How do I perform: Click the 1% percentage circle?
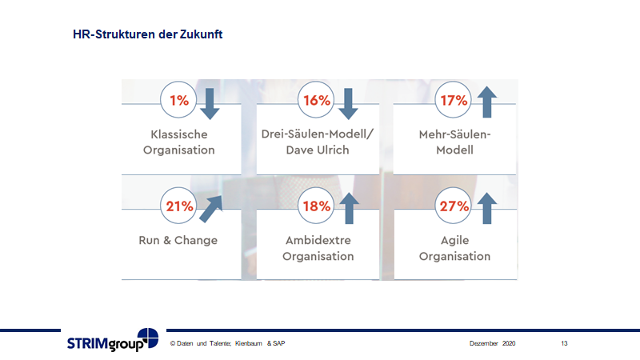tap(179, 101)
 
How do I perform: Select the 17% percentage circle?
tap(454, 101)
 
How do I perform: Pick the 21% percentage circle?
tap(179, 206)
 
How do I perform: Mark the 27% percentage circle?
tap(454, 206)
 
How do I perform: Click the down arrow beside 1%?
tap(209, 102)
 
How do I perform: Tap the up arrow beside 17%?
tap(485, 102)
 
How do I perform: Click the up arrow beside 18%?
tap(346, 208)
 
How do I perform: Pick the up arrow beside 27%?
tap(485, 208)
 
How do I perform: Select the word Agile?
tap(454, 240)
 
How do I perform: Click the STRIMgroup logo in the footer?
tap(113, 341)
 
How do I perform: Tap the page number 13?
tap(564, 343)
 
